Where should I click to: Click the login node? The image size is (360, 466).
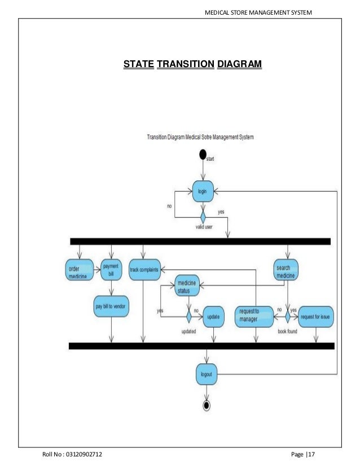pyautogui.click(x=202, y=192)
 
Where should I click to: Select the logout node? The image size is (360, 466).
pyautogui.click(x=206, y=373)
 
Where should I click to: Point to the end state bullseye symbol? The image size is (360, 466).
pyautogui.click(x=207, y=405)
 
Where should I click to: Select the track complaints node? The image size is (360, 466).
pyautogui.click(x=144, y=269)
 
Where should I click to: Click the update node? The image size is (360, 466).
pyautogui.click(x=213, y=316)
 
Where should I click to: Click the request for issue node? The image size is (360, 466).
pyautogui.click(x=315, y=316)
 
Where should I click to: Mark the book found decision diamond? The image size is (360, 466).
pyautogui.click(x=287, y=316)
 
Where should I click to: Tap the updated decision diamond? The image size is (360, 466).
pyautogui.click(x=188, y=316)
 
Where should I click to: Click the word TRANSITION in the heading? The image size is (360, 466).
pyautogui.click(x=185, y=65)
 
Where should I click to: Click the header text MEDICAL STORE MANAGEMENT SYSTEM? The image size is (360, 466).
pyautogui.click(x=258, y=12)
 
